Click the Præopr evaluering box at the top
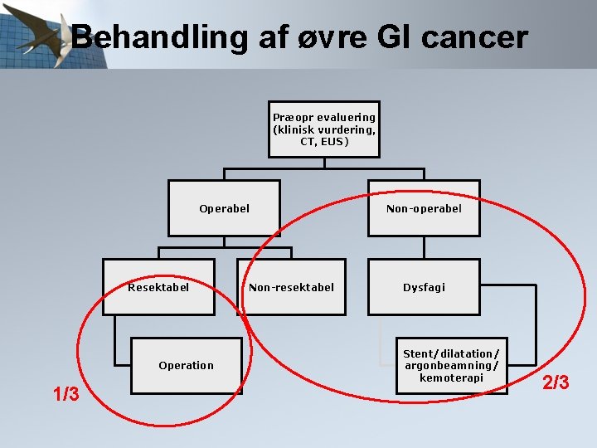click(x=323, y=129)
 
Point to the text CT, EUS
click(x=324, y=142)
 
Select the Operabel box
click(x=224, y=208)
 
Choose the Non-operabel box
click(x=424, y=208)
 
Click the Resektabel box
click(x=158, y=287)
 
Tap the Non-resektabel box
click(x=291, y=287)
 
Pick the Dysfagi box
click(x=424, y=287)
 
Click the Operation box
click(x=187, y=365)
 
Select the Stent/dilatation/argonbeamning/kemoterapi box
click(x=451, y=365)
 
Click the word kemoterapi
click(x=451, y=377)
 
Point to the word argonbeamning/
click(x=451, y=366)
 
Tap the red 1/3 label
click(x=66, y=394)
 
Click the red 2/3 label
click(x=556, y=382)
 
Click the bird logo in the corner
click(x=41, y=37)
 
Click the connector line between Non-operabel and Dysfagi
click(x=424, y=247)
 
